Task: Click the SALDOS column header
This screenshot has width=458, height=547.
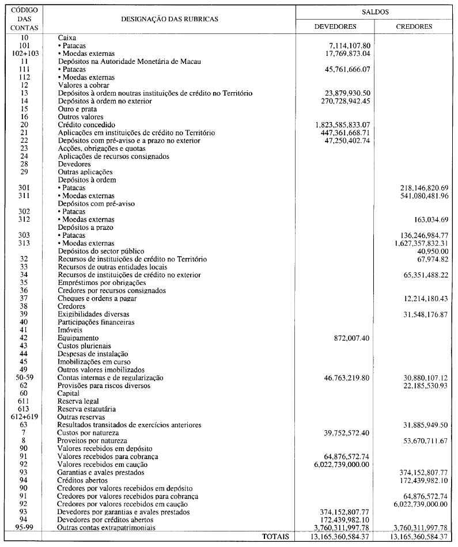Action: click(375, 12)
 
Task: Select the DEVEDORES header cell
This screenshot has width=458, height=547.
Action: click(335, 26)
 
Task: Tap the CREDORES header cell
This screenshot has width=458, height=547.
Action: click(414, 26)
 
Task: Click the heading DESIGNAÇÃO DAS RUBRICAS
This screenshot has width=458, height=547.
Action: click(169, 19)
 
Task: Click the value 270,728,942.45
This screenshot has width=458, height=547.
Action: click(347, 100)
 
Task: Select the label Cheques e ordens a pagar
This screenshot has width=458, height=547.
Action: click(98, 298)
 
